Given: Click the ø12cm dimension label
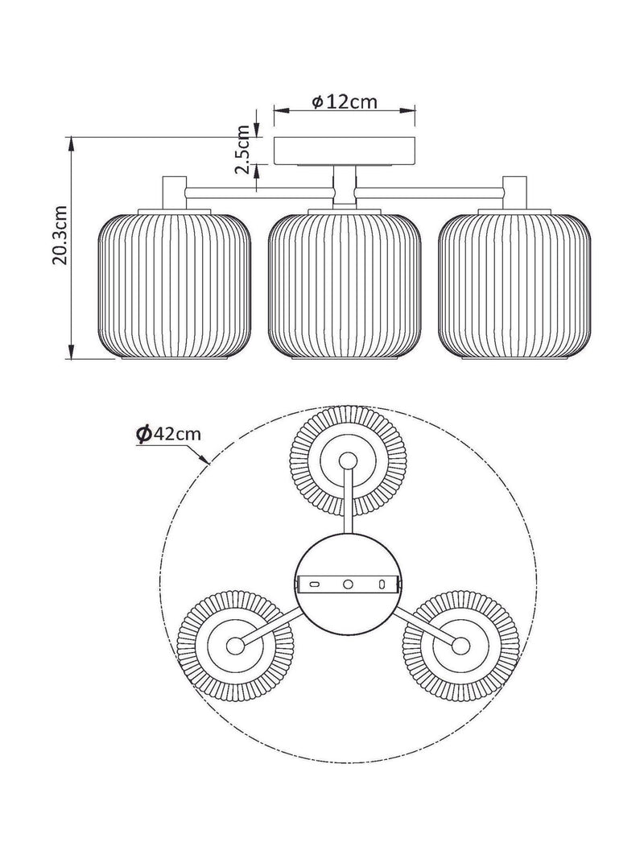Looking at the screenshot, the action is [x=345, y=102].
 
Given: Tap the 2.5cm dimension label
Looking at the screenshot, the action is [x=242, y=149].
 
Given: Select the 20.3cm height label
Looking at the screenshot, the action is [x=60, y=235].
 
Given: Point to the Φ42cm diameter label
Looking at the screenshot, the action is [x=169, y=434].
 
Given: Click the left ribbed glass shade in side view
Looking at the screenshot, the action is [x=175, y=286].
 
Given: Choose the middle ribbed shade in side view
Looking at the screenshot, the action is [x=345, y=286].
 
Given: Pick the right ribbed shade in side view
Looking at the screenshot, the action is [x=514, y=286].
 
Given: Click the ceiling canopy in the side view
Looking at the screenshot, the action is [x=345, y=151].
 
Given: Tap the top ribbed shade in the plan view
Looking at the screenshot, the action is [x=349, y=460].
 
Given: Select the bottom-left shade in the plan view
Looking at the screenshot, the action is [x=236, y=646].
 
